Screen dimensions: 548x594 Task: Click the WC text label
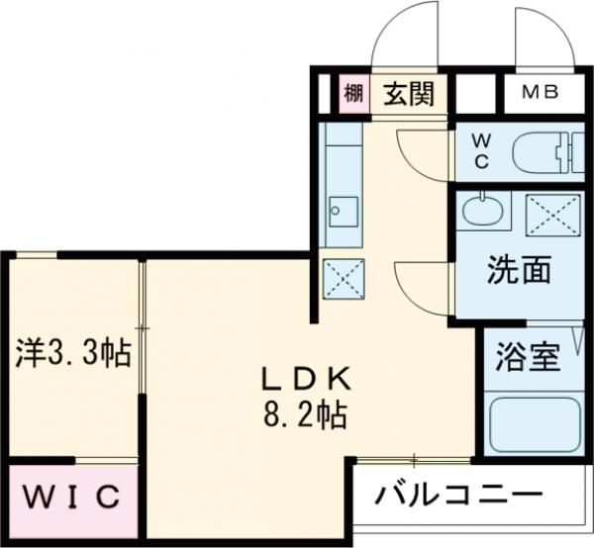pyautogui.click(x=481, y=151)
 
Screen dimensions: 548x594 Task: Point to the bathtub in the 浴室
pyautogui.click(x=534, y=422)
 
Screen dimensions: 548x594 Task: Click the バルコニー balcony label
pyautogui.click(x=461, y=493)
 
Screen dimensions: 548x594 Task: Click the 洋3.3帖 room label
pyautogui.click(x=73, y=353)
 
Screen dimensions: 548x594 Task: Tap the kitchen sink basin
pyautogui.click(x=344, y=210)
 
